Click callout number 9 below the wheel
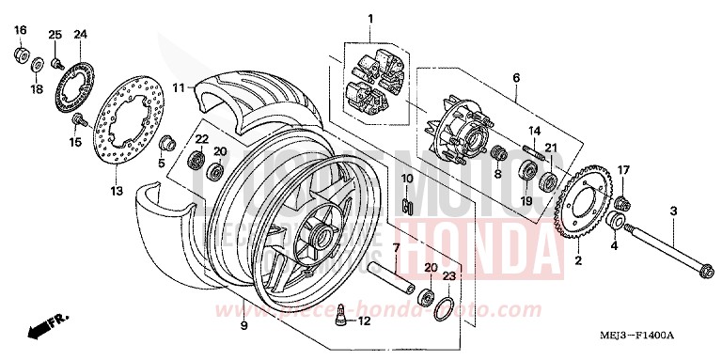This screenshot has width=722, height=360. pyautogui.click(x=243, y=325)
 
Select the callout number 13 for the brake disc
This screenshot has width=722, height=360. pyautogui.click(x=117, y=191)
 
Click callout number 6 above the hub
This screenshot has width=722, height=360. pyautogui.click(x=515, y=79)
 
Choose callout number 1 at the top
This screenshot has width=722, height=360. pyautogui.click(x=370, y=18)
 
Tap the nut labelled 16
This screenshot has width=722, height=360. pyautogui.click(x=21, y=55)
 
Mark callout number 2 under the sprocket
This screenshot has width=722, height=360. pyautogui.click(x=577, y=260)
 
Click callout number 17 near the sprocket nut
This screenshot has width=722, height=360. pyautogui.click(x=623, y=169)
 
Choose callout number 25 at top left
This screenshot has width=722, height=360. pyautogui.click(x=55, y=35)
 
